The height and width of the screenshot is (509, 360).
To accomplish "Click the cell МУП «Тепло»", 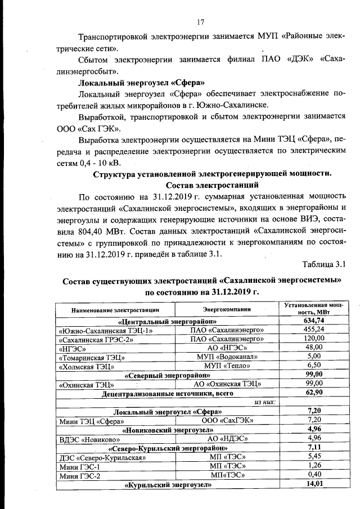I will tap(227, 366).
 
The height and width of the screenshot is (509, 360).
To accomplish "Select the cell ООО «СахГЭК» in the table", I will tap(227, 421).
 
